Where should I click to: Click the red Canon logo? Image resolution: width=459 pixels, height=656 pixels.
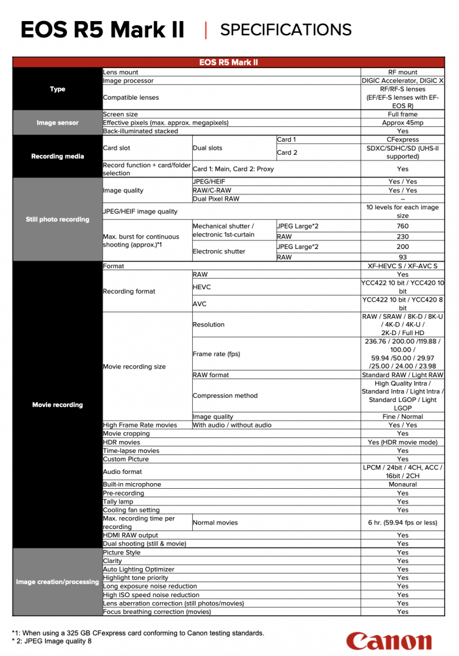(388, 641)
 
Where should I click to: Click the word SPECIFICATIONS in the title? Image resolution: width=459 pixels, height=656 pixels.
(286, 29)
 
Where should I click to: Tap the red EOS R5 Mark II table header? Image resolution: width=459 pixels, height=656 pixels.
(228, 63)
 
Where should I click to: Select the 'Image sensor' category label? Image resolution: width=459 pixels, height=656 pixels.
(58, 123)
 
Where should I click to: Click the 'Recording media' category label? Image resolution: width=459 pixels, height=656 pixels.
(58, 156)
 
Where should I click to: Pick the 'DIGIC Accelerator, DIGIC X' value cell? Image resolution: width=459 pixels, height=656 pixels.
(403, 81)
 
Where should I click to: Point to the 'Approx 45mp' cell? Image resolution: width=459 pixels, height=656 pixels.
(403, 123)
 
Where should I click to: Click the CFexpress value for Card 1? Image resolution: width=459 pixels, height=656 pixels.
(403, 139)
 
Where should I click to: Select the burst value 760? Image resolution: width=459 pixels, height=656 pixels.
(403, 226)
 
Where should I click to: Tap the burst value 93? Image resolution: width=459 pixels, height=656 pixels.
(403, 257)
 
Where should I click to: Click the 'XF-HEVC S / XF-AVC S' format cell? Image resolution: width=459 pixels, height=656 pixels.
(403, 266)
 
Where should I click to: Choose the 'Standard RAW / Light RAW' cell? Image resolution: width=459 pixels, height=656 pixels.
(403, 375)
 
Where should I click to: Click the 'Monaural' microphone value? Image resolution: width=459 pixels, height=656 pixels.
(403, 484)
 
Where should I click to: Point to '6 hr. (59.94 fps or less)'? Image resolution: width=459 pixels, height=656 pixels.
(403, 522)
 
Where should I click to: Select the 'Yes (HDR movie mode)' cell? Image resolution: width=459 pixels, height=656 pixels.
(403, 442)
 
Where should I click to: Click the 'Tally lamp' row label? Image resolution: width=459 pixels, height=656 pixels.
(118, 501)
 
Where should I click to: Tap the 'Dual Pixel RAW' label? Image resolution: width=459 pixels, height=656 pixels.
(216, 199)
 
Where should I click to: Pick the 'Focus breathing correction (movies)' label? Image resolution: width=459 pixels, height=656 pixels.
(157, 611)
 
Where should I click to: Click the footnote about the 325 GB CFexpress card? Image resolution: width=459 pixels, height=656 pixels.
(138, 633)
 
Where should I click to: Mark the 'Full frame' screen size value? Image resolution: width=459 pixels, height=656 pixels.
(403, 114)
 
